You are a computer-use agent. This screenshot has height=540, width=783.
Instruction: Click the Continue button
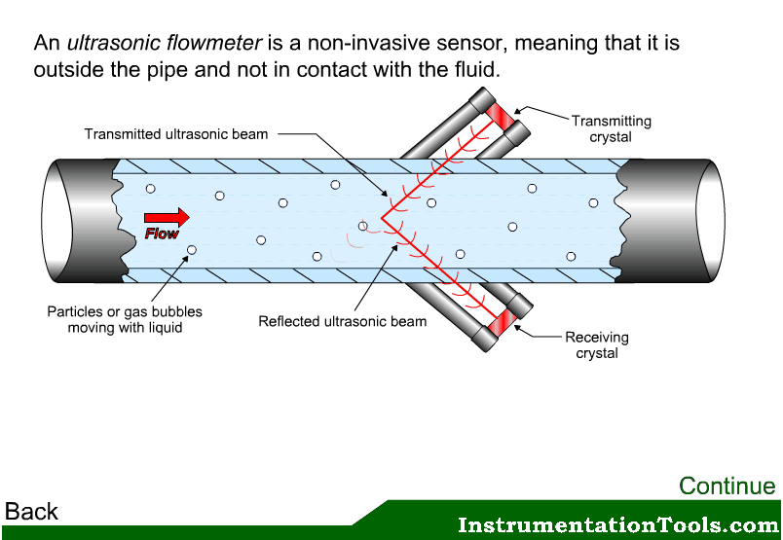click(727, 486)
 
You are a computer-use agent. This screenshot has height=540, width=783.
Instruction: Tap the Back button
click(31, 512)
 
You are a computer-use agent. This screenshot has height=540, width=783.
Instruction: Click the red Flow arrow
click(167, 217)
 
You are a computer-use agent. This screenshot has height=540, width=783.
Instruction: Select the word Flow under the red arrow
click(162, 234)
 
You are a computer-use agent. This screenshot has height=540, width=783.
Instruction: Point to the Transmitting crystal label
click(611, 128)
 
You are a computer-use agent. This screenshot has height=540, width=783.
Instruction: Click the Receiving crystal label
click(597, 345)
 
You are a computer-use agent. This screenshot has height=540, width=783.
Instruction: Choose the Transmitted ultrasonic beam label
click(175, 134)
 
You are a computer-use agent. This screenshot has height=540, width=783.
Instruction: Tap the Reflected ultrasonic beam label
click(342, 321)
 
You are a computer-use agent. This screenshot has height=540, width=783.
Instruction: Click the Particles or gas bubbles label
click(125, 320)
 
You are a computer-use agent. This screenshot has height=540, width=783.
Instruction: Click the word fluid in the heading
click(478, 71)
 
